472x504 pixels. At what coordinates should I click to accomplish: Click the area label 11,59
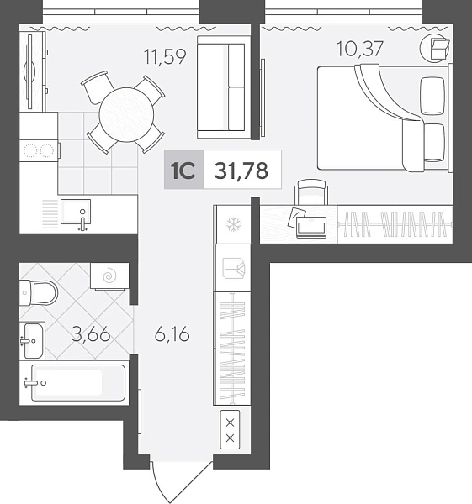click(x=165, y=56)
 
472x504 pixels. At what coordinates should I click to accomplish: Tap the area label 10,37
click(x=360, y=49)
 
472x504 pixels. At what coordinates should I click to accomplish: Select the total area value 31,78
click(x=241, y=171)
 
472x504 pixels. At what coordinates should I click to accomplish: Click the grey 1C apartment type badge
click(x=184, y=170)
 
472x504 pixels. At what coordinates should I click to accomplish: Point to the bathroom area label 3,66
click(x=91, y=335)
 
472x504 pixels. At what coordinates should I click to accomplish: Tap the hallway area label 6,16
click(x=172, y=335)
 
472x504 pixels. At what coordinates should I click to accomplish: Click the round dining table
click(x=126, y=115)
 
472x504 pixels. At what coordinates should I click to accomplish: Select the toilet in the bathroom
click(x=39, y=292)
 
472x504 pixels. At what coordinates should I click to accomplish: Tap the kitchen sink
click(x=76, y=212)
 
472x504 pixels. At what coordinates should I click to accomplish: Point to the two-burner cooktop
click(x=40, y=150)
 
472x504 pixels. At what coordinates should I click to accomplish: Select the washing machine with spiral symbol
click(x=109, y=276)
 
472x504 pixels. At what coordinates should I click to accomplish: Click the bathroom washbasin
click(x=33, y=341)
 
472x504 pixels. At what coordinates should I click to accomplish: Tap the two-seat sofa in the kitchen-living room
click(x=224, y=87)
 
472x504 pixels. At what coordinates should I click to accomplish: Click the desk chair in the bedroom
click(x=311, y=192)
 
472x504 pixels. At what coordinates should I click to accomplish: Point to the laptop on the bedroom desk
click(x=311, y=227)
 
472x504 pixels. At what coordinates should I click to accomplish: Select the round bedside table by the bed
click(x=435, y=48)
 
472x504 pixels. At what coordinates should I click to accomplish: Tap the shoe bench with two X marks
click(x=230, y=430)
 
